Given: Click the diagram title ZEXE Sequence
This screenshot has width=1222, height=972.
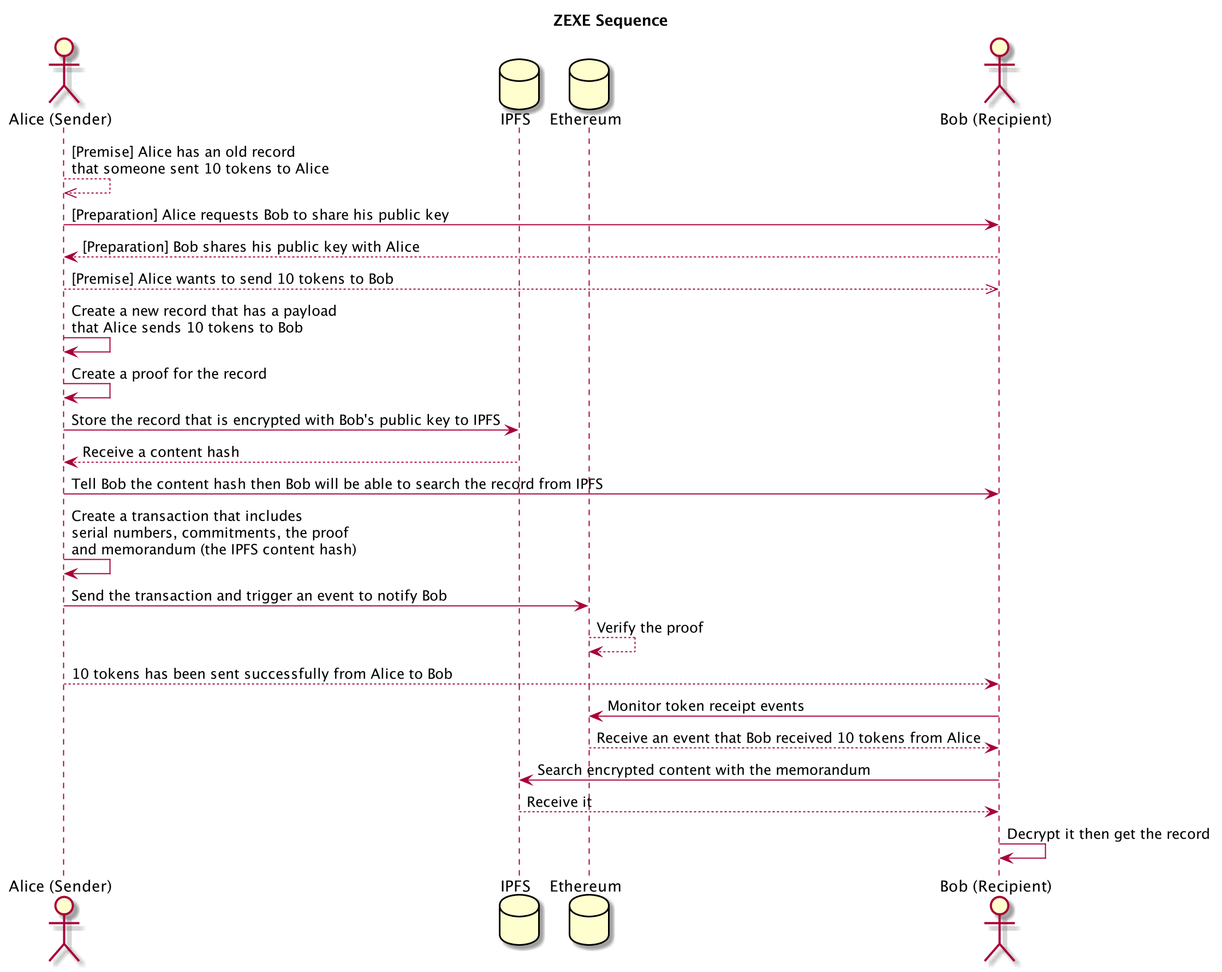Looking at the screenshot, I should [x=610, y=21].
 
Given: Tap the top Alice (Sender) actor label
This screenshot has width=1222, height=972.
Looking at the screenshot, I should [x=60, y=120].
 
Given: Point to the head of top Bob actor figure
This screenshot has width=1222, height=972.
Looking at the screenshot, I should [x=999, y=47].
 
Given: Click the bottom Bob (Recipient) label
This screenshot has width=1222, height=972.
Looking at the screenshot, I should [x=996, y=886].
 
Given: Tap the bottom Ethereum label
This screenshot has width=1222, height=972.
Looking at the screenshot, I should [x=585, y=886].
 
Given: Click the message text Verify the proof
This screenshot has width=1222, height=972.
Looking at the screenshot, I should [x=649, y=628].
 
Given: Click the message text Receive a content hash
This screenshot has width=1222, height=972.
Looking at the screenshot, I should [x=161, y=452].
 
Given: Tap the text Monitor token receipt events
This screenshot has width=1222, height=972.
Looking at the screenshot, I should [x=706, y=706].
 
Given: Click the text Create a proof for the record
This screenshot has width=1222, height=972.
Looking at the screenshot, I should [x=169, y=374].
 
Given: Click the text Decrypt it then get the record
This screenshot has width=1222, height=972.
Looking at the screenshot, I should [x=1108, y=834].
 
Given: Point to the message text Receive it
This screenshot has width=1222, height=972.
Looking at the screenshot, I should [x=559, y=802].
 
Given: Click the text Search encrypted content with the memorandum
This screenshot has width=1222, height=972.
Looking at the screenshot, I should [x=704, y=770].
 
